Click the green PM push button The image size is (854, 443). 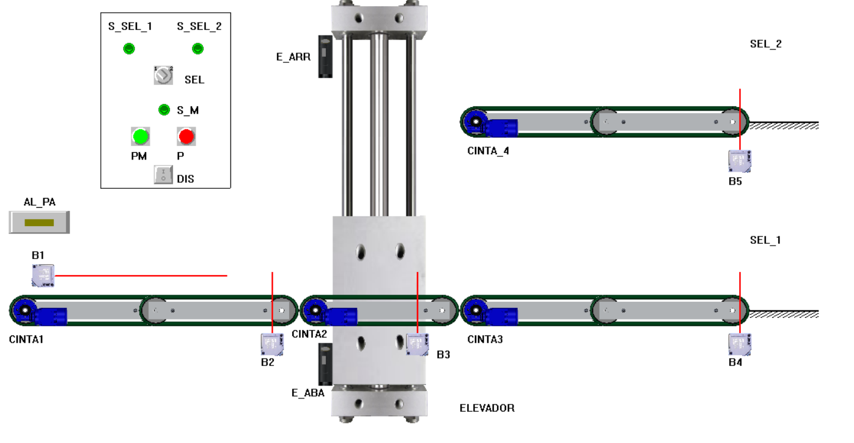141,136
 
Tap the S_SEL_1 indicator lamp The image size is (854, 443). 129,49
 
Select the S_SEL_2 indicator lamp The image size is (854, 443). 198,49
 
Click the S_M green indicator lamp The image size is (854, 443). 164,110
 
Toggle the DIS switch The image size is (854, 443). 163,175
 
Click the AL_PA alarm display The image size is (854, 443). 39,222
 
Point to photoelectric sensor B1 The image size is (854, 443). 43,276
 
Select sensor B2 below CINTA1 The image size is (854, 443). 272,344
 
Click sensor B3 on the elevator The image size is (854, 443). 417,343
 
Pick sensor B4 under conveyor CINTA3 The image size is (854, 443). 740,345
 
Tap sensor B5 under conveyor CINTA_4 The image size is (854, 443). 740,161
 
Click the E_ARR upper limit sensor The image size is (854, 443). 325,56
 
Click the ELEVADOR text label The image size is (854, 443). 487,408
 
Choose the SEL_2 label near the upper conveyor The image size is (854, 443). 765,44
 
